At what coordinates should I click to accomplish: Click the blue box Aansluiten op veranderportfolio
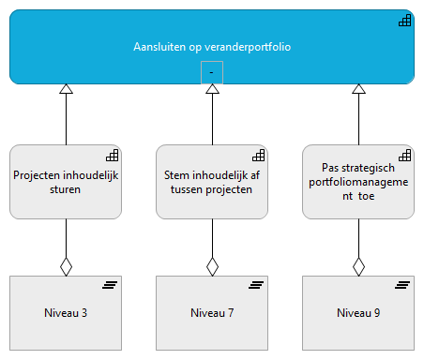point(211,45)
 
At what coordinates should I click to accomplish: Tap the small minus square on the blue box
point(212,72)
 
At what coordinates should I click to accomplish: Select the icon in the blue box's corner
point(403,21)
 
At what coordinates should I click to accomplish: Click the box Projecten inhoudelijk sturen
point(66,181)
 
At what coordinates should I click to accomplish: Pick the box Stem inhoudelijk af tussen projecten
point(212,181)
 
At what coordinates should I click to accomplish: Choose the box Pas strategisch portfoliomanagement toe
point(357,181)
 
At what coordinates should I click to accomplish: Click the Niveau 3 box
point(66,312)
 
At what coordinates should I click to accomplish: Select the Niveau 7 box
point(212,312)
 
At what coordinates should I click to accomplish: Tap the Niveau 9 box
point(357,312)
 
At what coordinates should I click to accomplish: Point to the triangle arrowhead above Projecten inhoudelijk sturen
point(66,90)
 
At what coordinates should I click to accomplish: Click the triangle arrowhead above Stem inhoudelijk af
point(212,90)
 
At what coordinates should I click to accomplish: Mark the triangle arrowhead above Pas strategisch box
point(357,90)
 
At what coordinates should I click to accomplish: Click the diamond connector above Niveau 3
point(66,266)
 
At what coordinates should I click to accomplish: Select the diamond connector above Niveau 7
point(212,266)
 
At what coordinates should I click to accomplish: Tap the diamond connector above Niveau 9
point(357,266)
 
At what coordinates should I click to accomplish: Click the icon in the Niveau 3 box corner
point(110,285)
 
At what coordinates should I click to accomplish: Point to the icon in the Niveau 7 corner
point(256,285)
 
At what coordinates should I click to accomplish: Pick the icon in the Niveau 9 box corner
point(401,285)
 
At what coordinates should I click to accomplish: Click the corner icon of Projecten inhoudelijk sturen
point(111,155)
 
